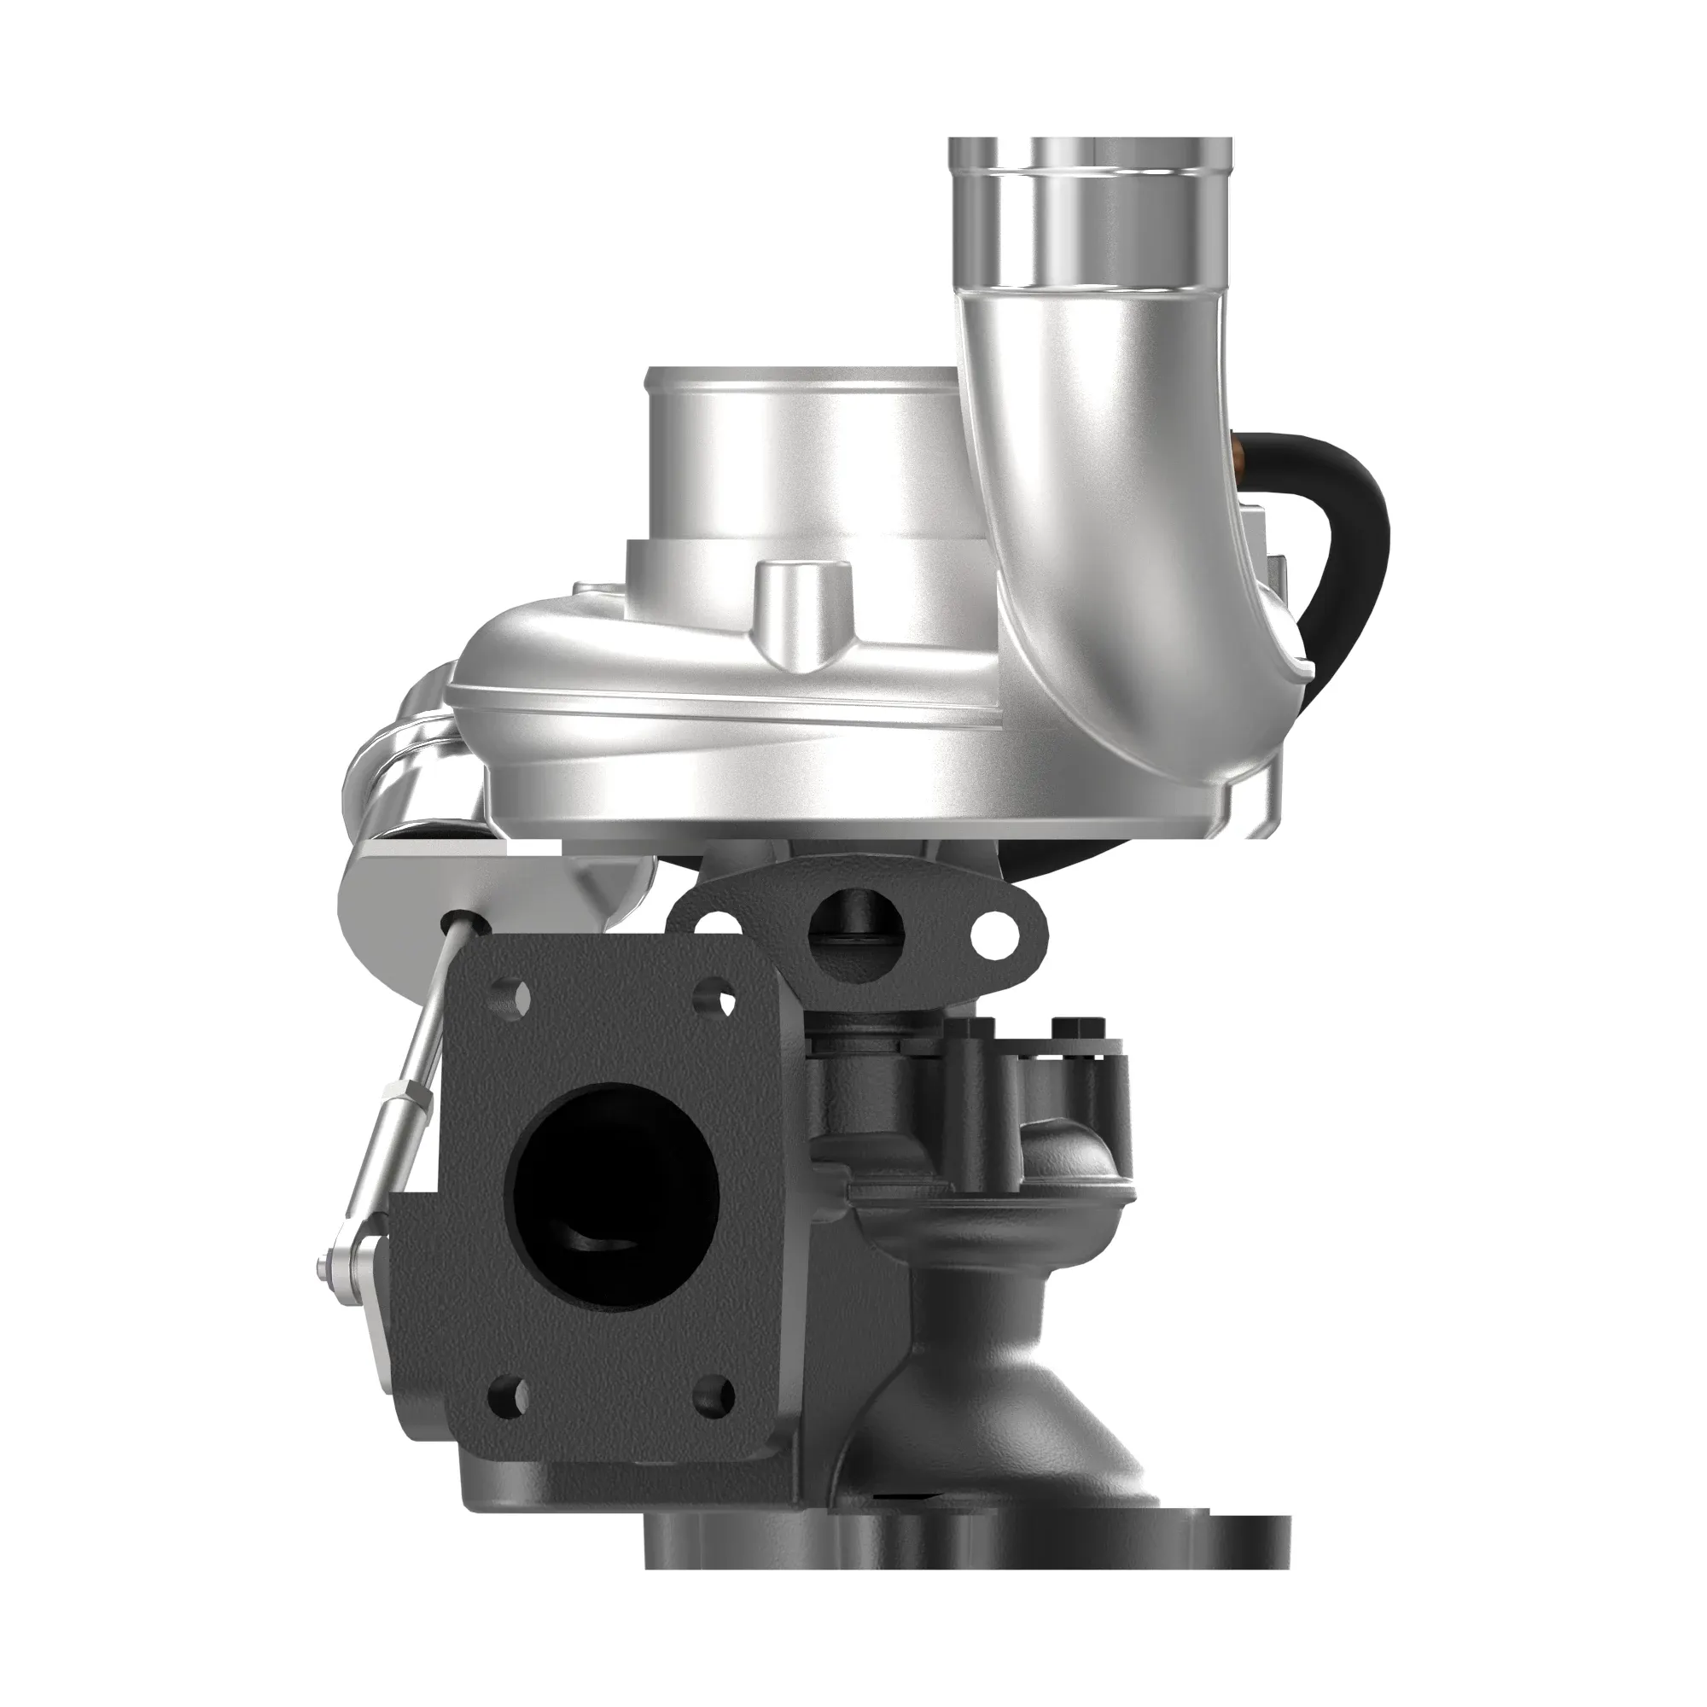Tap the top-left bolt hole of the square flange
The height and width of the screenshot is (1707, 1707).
pos(513,999)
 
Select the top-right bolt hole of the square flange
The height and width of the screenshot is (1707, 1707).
pos(719,999)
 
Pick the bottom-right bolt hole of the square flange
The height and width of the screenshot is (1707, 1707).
pos(716,1396)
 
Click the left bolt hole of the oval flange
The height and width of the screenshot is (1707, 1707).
pos(718,926)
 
